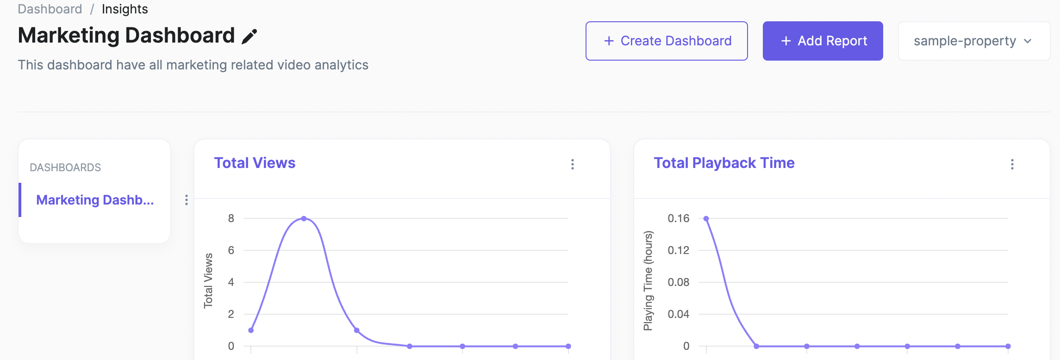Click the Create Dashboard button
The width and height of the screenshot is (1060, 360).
[667, 41]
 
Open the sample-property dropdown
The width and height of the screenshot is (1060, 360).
[973, 41]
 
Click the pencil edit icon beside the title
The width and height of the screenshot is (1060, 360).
[249, 36]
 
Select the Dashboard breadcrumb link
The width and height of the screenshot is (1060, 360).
[50, 9]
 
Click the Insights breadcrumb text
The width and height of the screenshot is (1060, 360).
[125, 9]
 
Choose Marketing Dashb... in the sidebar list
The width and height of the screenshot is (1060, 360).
[95, 200]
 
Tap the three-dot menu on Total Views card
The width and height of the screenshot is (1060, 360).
[573, 164]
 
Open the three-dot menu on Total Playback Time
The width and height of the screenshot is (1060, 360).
[1012, 164]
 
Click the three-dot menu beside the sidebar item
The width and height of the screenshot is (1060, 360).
[187, 200]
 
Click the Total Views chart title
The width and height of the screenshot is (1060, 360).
[255, 163]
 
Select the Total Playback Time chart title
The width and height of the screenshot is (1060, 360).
[724, 163]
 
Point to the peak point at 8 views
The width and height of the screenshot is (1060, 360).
[304, 218]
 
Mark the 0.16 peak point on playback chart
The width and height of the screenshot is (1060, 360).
[706, 218]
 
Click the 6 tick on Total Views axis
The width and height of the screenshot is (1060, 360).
[231, 250]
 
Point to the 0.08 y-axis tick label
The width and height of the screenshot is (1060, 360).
[678, 282]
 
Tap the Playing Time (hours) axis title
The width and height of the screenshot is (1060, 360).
[648, 280]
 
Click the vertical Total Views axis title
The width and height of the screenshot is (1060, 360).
[208, 280]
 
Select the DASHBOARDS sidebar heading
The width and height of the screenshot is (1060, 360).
[65, 168]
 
